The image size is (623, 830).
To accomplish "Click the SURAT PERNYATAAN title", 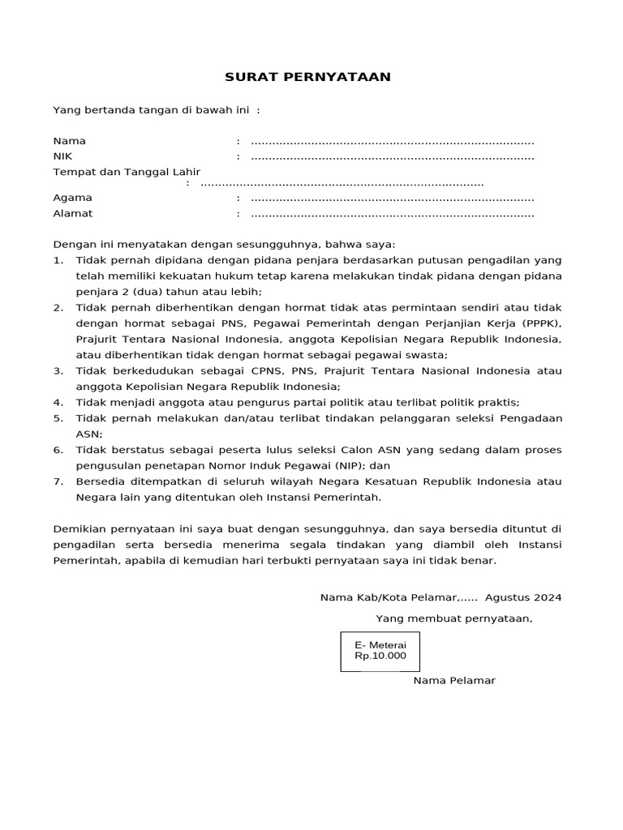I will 307,77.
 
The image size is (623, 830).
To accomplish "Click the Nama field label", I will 69,141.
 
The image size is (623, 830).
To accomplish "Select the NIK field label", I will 62,156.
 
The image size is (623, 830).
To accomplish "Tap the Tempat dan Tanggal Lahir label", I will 126,172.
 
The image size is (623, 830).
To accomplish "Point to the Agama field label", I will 72,198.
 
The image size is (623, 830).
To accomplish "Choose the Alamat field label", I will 73,214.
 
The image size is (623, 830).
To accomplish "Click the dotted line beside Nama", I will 393,142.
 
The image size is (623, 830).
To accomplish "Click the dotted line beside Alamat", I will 393,215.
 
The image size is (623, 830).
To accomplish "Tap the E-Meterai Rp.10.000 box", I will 380,650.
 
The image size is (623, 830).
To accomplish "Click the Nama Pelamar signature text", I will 454,680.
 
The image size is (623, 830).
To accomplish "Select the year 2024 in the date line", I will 547,598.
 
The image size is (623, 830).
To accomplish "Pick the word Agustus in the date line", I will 507,598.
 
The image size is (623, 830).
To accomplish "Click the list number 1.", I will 57,260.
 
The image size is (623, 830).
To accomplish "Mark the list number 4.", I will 57,402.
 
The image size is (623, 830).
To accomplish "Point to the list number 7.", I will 57,481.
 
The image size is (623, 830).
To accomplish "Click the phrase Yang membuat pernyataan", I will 453,619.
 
